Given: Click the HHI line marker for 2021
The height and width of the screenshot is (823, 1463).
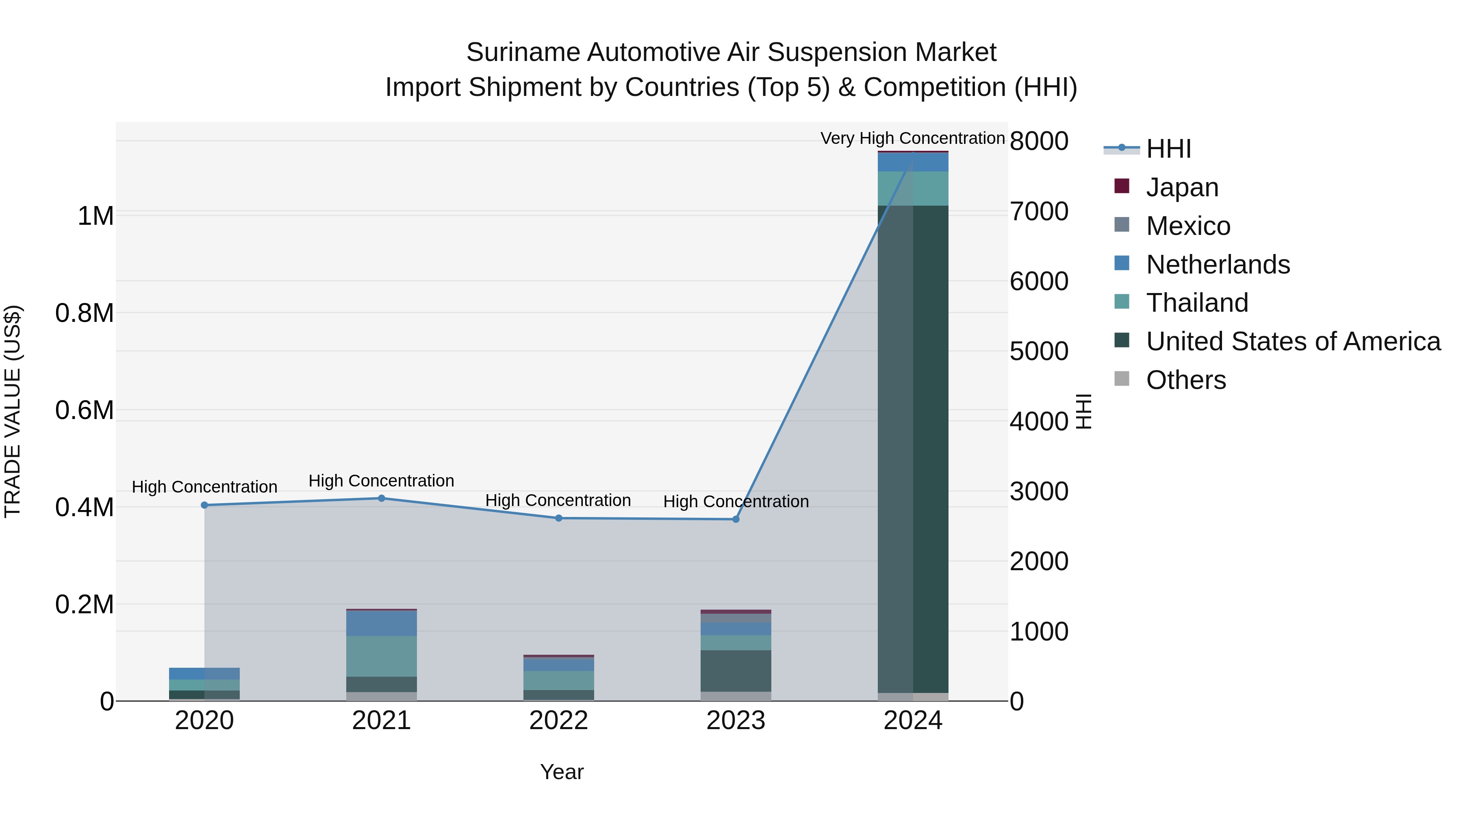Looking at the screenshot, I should pos(382,498).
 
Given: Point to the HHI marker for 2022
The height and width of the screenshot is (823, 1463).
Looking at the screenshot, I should pos(558,518).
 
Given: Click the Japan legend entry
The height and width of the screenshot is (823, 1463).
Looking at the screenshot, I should pos(1182,187).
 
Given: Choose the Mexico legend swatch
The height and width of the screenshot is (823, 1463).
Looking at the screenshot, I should pos(1122,225).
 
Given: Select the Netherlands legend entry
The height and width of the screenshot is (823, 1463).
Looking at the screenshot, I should pos(1218,265).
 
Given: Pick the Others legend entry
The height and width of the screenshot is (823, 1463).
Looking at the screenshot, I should pos(1185,380).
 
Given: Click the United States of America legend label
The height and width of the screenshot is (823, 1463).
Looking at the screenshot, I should pos(1293,341).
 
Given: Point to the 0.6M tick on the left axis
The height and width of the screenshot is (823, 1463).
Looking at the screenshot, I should pos(85,410).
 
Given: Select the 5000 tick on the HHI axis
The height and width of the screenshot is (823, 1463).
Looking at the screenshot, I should pos(1039,351).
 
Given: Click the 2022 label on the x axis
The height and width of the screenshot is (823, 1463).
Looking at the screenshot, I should pos(558,721).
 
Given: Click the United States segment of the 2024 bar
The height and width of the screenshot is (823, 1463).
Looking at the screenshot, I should pos(913,449).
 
